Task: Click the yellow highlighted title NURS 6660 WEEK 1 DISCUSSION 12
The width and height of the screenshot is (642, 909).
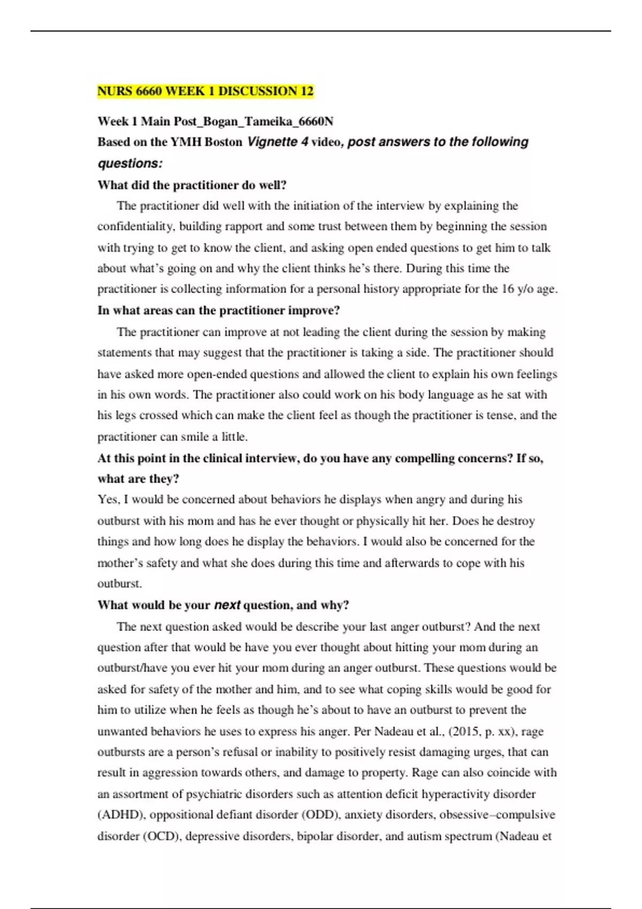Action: (205, 91)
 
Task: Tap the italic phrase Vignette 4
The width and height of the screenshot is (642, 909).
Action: (278, 142)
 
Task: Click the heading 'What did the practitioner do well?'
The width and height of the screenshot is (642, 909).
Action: (192, 185)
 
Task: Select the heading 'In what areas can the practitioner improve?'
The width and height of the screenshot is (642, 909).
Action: (219, 311)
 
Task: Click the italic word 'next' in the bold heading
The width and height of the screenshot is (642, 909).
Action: (227, 605)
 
